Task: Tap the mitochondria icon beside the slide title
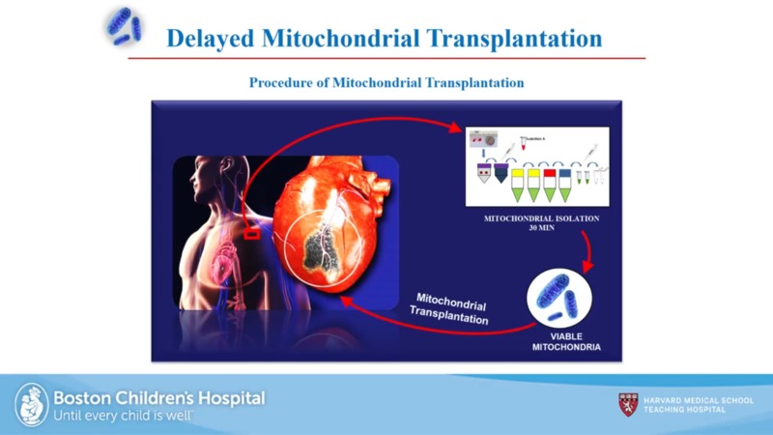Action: click(123, 26)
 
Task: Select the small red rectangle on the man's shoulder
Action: click(251, 232)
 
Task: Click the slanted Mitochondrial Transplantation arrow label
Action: click(450, 306)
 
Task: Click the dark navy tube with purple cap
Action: click(501, 172)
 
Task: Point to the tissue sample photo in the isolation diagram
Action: click(479, 141)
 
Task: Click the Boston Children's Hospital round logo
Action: click(31, 404)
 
